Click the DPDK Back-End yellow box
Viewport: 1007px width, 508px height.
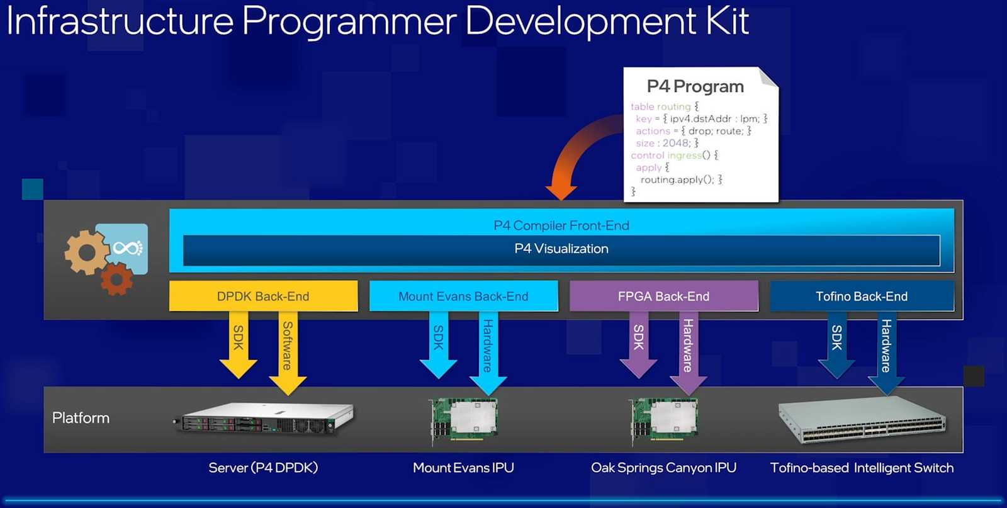[263, 296]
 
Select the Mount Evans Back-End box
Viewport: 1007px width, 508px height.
[463, 296]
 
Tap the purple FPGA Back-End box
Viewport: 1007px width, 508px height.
[663, 296]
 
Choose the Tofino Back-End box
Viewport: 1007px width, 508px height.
[862, 296]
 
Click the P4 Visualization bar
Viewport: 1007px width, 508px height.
[561, 249]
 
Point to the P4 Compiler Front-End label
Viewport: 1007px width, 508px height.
[561, 225]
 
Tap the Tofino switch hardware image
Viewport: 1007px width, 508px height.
[862, 419]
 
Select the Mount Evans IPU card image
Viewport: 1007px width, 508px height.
[464, 419]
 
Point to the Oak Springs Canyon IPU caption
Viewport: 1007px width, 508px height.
[663, 468]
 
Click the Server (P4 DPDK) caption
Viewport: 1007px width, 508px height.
[263, 468]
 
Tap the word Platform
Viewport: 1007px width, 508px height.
[81, 418]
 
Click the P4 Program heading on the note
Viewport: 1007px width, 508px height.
[695, 86]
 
